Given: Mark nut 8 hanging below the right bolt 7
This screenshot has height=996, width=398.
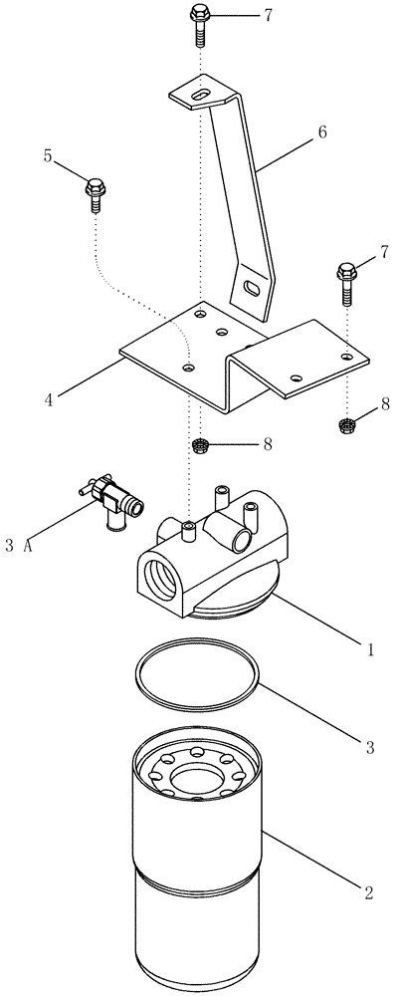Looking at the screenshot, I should coord(346,426).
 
